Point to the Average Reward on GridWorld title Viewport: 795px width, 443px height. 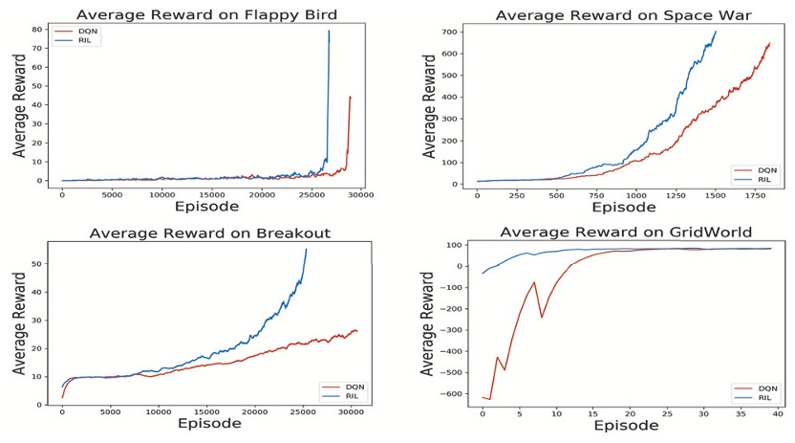point(613,233)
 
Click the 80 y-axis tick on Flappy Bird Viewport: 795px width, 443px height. point(36,29)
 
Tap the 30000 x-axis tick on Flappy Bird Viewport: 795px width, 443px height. point(359,195)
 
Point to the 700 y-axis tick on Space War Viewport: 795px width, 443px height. point(453,33)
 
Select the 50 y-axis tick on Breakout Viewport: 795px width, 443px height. point(39,263)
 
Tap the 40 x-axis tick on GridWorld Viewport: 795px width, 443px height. point(777,413)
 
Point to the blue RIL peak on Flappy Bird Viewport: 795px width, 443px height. point(329,32)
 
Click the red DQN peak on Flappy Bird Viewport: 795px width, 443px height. point(350,97)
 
